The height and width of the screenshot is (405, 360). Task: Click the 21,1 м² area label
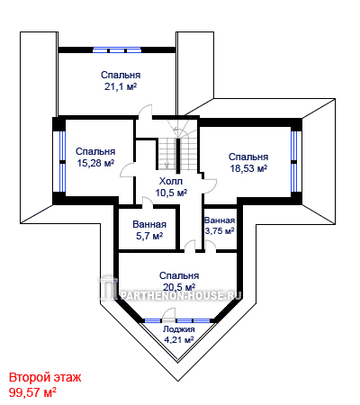121,86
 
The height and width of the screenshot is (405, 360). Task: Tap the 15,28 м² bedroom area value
95,163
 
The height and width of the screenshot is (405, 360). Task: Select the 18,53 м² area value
248,168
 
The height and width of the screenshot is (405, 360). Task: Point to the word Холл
171,181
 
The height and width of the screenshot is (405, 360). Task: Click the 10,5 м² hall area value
171,193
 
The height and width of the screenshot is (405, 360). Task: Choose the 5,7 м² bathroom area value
149,236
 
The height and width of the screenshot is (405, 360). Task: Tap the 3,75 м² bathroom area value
220,231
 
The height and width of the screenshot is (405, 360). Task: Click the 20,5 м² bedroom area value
179,287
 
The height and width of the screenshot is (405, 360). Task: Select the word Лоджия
179,329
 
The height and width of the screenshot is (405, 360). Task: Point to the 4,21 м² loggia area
179,340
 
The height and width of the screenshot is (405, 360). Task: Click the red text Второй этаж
45,377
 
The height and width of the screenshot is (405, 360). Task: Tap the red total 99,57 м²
33,392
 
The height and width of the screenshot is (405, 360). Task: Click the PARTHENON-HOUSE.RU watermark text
180,296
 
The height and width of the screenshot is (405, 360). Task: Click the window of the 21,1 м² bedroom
117,50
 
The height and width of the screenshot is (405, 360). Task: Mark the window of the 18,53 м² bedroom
294,162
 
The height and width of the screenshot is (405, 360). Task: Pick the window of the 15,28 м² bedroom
62,162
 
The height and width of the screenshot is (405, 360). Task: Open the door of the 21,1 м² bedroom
146,112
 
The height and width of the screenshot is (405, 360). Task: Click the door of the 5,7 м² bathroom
147,202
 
